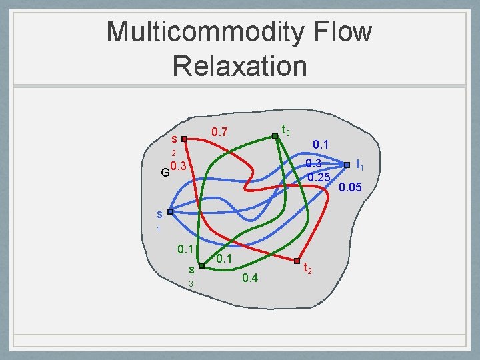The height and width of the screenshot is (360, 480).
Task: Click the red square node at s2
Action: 185,140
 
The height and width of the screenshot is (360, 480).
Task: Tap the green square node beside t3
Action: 275,136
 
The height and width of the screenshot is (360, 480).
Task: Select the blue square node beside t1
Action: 347,164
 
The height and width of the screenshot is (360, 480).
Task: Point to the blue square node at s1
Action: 170,211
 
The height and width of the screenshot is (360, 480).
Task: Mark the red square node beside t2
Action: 297,259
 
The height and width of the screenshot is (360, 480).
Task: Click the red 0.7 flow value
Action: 219,133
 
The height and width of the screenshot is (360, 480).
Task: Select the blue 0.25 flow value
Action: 319,177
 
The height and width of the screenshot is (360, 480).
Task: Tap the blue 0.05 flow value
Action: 350,188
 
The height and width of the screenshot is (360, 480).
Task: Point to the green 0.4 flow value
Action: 250,277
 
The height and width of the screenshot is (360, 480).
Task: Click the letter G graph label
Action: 165,173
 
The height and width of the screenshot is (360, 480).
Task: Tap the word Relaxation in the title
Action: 239,66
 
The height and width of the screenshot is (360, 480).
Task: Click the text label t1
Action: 359,163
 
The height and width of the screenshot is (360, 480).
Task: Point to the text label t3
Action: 285,130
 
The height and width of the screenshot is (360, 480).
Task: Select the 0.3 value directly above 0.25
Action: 314,163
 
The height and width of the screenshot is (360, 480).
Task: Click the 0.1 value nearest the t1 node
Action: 321,144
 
